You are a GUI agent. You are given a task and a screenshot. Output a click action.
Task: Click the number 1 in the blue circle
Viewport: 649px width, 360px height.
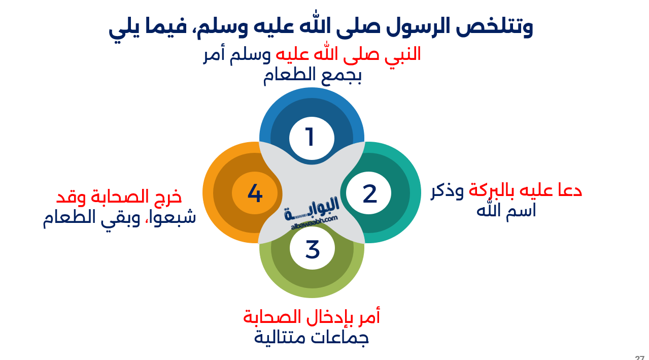pos(310,138)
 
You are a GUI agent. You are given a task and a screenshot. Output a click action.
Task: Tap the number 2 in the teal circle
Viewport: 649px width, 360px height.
pos(370,193)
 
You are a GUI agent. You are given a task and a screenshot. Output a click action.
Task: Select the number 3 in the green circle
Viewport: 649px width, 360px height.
pos(313,249)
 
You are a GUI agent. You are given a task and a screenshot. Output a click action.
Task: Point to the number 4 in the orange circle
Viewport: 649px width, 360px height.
pos(255,193)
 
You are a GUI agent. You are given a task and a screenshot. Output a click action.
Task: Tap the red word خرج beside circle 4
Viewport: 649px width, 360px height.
pos(167,197)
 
